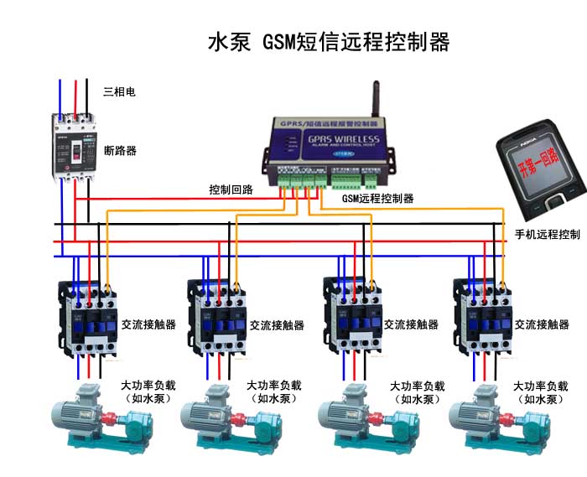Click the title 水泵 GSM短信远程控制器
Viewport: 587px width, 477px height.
pos(329,42)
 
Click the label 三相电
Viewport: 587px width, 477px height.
pos(119,91)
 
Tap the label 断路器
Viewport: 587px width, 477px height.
pos(120,151)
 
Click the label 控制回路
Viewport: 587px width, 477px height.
pos(231,189)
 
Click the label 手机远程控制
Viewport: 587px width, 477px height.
pos(547,234)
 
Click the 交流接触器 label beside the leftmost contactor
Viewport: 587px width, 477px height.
pos(148,324)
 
